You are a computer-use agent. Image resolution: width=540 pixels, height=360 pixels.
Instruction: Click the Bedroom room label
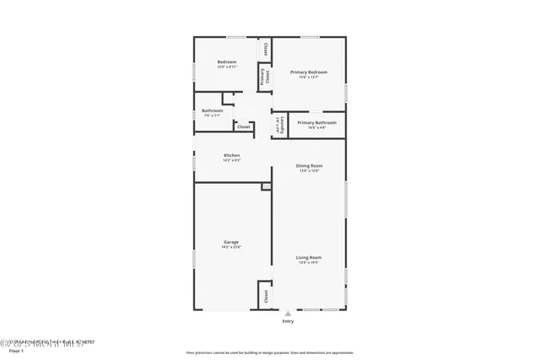[x=226, y=62]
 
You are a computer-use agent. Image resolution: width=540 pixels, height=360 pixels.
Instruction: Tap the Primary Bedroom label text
[x=309, y=73]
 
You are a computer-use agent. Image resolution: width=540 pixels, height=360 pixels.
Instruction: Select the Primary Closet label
[x=264, y=77]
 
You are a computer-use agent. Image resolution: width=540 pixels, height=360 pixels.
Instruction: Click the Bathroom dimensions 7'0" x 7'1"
[x=212, y=116]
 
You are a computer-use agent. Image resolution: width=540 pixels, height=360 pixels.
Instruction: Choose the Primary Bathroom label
[x=316, y=122]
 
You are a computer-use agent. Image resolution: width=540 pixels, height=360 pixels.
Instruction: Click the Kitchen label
[x=231, y=155]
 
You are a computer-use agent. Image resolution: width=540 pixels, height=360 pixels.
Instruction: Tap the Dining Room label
[x=309, y=165]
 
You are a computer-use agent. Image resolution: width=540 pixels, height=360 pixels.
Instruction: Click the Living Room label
[x=308, y=257]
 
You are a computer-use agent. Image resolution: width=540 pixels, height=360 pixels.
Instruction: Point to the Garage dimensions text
[x=231, y=247]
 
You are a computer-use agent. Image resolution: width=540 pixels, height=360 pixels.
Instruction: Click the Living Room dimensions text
[x=308, y=262]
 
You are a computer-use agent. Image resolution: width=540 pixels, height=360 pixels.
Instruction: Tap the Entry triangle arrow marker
[x=288, y=314]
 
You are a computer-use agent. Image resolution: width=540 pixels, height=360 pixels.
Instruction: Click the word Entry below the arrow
[x=288, y=321]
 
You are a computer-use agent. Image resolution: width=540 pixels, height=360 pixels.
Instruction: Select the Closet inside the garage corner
[x=265, y=296]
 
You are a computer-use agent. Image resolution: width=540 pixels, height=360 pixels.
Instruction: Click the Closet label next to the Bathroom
[x=243, y=126]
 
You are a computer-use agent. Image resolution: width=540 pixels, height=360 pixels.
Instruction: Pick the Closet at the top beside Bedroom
[x=266, y=48]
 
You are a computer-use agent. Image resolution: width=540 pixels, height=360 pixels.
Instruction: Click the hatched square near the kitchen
[x=266, y=185]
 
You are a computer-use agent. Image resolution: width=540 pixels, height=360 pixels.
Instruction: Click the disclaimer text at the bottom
[x=270, y=352]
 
